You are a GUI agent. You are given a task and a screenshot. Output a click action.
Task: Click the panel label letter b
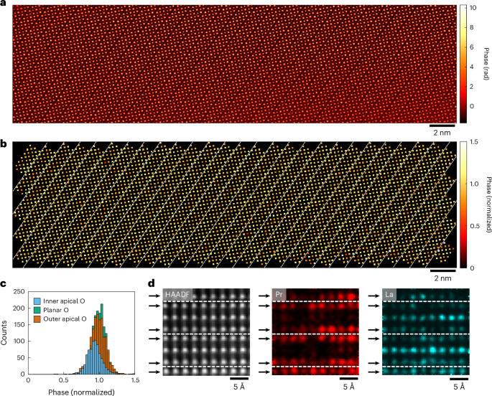click(4, 143)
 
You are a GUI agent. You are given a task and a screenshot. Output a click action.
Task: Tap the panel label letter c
click(4, 283)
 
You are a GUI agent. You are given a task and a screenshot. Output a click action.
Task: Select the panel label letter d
click(152, 283)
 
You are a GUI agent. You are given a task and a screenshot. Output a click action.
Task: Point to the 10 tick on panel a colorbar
click(473, 8)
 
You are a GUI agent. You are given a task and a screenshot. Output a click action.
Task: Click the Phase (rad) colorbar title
click(486, 64)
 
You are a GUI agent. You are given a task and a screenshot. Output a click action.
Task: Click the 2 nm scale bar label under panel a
click(442, 133)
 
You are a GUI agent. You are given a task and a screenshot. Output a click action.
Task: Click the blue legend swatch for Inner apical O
click(37, 301)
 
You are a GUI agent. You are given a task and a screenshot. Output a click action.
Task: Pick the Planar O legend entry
click(52, 310)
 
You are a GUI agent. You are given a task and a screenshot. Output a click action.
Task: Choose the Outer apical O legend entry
click(60, 319)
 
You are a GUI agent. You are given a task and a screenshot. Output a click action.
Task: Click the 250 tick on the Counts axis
click(19, 292)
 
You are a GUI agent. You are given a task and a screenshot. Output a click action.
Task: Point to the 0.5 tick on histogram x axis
click(64, 380)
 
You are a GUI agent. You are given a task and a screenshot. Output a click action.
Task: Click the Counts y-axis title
click(4, 333)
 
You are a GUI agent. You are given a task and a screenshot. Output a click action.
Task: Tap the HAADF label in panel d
click(177, 295)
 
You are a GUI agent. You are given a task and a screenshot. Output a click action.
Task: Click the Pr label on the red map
click(279, 295)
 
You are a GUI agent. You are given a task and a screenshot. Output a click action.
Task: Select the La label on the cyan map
click(389, 295)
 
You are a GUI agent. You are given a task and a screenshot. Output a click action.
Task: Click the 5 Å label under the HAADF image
click(239, 387)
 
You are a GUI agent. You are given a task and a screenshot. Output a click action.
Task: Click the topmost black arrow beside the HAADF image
click(155, 296)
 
